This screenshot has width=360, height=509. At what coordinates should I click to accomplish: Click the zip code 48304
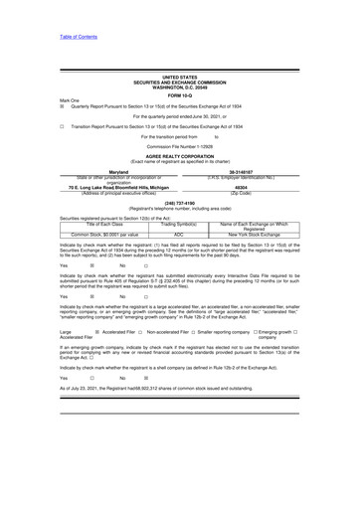(268, 201)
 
